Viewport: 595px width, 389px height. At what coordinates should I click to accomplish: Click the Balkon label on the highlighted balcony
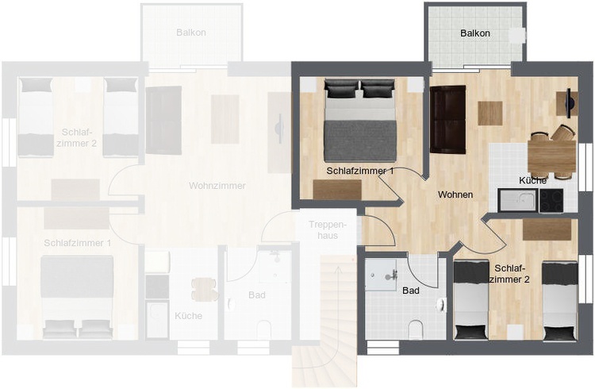474,33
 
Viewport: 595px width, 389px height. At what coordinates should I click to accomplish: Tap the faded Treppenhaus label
328,230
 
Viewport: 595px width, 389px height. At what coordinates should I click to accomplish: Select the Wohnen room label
455,194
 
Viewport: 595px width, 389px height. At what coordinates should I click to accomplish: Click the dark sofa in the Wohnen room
447,120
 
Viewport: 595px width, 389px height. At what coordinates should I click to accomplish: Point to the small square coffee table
490,114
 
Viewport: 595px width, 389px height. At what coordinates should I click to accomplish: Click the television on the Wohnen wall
569,103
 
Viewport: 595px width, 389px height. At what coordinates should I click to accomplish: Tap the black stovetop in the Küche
551,200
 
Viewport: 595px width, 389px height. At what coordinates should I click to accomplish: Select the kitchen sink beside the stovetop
518,200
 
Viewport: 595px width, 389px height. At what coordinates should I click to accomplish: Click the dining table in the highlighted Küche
552,156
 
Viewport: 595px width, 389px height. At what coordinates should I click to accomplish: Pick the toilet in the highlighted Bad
416,329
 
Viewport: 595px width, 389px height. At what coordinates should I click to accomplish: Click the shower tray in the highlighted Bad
381,275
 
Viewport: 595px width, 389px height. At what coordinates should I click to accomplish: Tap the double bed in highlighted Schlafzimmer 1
359,120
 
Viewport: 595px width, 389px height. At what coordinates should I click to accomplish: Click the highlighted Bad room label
411,291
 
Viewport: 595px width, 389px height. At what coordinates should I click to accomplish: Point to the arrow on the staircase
336,304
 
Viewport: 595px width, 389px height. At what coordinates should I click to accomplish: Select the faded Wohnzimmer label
217,186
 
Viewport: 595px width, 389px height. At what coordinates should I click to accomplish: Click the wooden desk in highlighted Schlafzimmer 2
547,229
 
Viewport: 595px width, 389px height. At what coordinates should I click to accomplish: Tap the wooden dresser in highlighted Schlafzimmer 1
337,190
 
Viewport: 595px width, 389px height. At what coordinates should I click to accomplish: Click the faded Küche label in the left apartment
189,316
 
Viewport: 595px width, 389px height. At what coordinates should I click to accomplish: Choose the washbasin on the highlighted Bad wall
441,305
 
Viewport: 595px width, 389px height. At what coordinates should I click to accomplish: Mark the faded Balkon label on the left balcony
191,33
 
